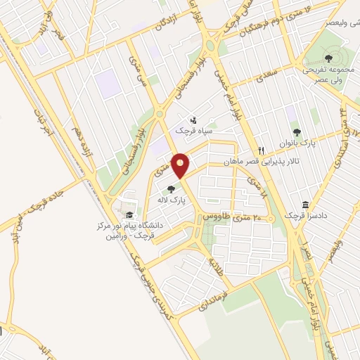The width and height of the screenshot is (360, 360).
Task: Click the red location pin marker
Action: (x=181, y=165)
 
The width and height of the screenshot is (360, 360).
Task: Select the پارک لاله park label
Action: (x=172, y=200)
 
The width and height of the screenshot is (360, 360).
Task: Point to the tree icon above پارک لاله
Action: (x=172, y=188)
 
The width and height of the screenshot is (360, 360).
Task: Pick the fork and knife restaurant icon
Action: (x=261, y=150)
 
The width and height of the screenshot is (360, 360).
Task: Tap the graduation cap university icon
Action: (x=129, y=214)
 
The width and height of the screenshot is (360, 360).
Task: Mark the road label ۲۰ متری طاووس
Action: (x=230, y=218)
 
